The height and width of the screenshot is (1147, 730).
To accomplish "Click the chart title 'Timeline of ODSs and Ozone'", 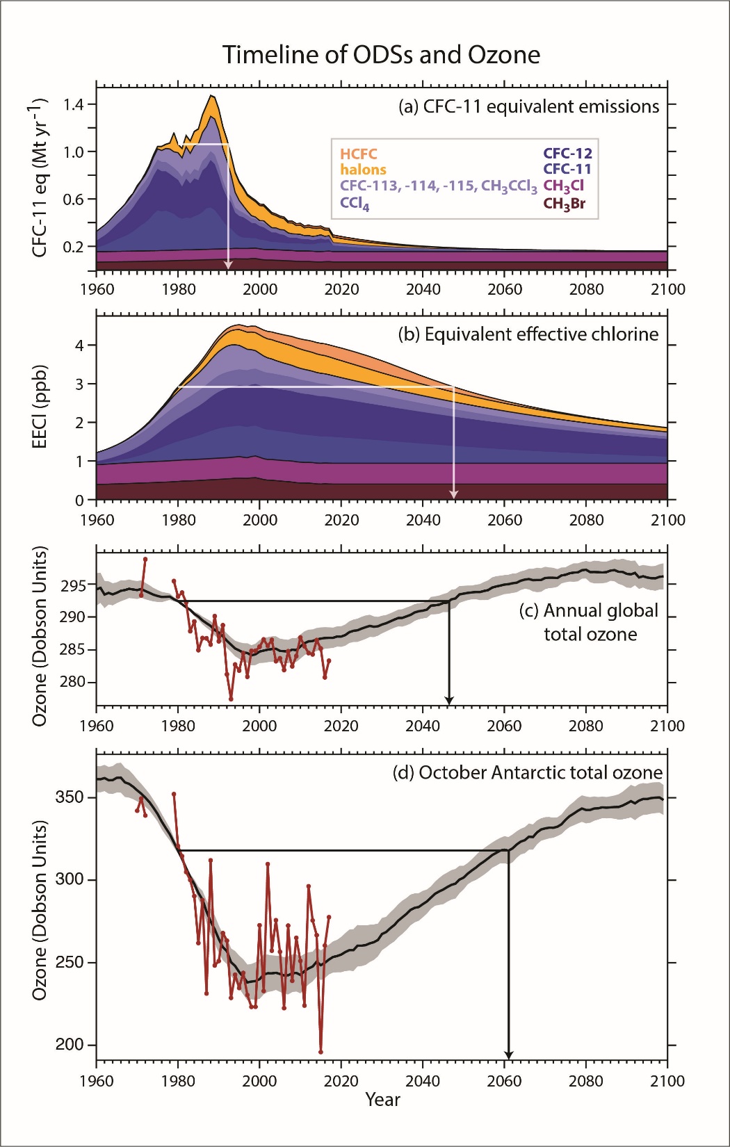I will click(x=381, y=55).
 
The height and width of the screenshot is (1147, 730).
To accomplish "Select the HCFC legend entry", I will click(x=359, y=154).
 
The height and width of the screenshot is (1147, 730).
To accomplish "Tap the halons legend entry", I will click(x=363, y=170).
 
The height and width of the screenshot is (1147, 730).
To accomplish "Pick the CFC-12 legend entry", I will click(x=567, y=154).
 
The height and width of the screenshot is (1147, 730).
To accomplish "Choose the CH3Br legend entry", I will click(x=564, y=204).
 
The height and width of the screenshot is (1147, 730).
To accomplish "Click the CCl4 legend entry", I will click(x=355, y=204).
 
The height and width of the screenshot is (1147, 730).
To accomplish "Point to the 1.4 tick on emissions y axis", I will click(x=73, y=105).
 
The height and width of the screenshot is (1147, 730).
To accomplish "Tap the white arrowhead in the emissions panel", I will click(x=228, y=266).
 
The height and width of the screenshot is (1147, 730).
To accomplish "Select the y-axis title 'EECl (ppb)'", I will click(x=40, y=407).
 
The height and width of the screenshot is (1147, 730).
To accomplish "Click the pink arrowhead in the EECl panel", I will click(x=454, y=494).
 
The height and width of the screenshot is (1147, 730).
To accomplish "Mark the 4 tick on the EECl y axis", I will click(x=79, y=345).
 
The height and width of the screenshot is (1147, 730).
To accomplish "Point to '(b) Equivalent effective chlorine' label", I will click(x=528, y=334).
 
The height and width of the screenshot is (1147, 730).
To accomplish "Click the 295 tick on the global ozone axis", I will click(x=73, y=586).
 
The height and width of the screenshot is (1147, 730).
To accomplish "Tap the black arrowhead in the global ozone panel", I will click(x=449, y=700).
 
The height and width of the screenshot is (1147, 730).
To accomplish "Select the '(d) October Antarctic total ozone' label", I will click(x=527, y=773).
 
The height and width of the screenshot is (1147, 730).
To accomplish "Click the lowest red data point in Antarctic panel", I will click(x=321, y=1052).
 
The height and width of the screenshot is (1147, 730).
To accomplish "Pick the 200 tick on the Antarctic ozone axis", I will click(x=70, y=1045).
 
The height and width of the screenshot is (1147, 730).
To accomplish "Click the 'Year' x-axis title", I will click(x=382, y=1100).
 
